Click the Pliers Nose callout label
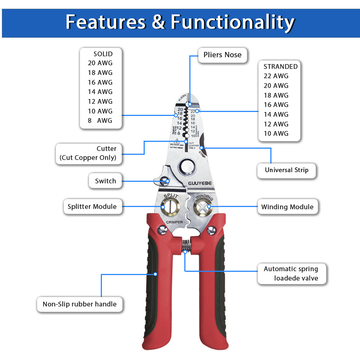point(222,55)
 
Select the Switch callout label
point(105,181)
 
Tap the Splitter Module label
point(92,207)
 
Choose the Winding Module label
point(287,207)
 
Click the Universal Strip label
point(287,170)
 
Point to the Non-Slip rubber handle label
point(80,304)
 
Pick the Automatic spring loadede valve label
point(291,274)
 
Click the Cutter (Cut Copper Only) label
point(88,153)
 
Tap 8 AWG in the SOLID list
point(100,121)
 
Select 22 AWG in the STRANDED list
point(276,76)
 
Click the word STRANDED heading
point(280,67)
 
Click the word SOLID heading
point(103,54)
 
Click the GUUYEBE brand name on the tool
point(200,183)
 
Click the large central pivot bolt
point(187,167)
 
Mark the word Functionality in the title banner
point(233,22)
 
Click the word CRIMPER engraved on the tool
point(174,222)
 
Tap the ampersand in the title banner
point(158,22)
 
